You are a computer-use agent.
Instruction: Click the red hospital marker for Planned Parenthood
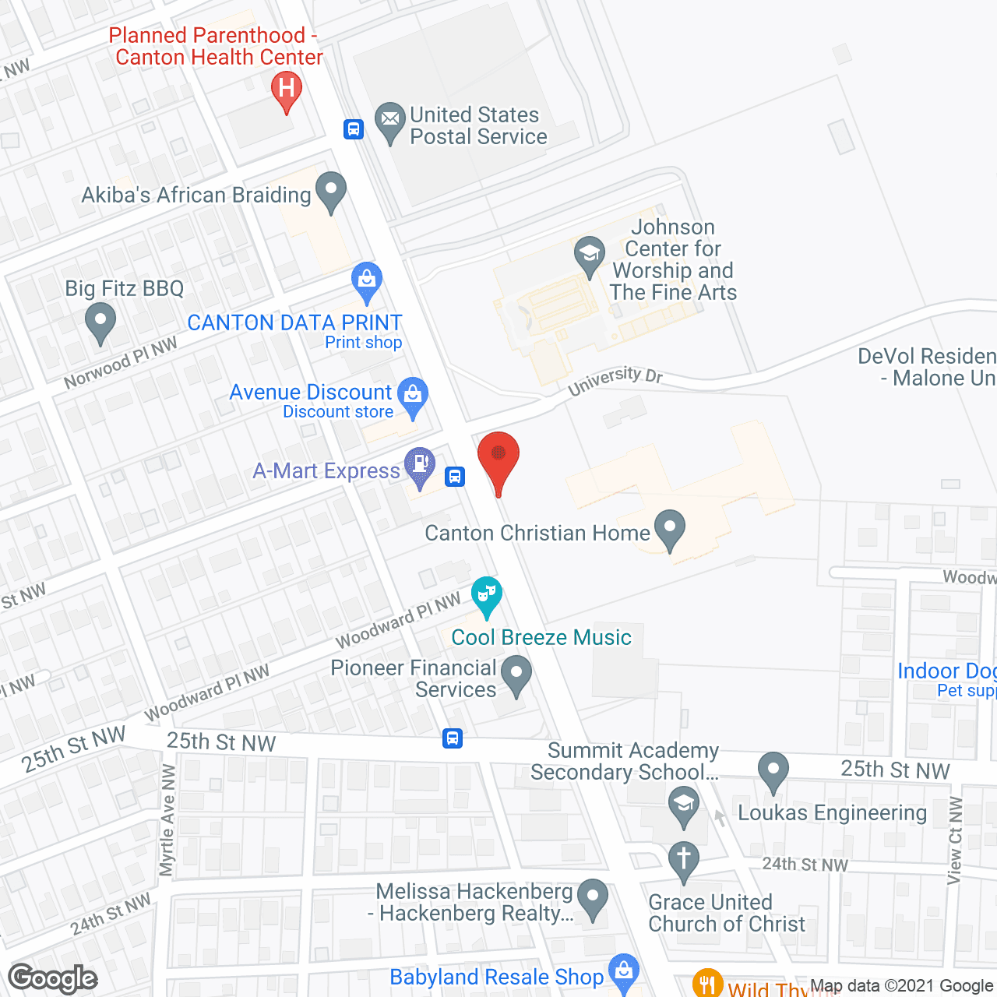[x=287, y=90]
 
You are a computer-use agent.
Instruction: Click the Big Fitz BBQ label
[x=125, y=288]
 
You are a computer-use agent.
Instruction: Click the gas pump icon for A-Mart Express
[x=420, y=466]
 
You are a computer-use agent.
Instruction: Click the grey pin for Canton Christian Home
[x=670, y=529]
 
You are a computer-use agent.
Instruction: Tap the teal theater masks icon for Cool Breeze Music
[x=486, y=596]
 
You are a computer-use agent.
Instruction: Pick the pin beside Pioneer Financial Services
[x=516, y=675]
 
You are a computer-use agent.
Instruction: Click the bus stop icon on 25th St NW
[x=452, y=738]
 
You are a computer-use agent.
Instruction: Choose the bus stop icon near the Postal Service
[x=354, y=129]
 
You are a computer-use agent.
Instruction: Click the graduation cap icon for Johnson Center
[x=590, y=255]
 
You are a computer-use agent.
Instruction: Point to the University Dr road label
[x=615, y=380]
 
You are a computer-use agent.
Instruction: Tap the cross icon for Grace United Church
[x=684, y=861]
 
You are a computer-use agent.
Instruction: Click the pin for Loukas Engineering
[x=773, y=770]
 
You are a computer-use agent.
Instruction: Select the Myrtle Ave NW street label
[x=167, y=820]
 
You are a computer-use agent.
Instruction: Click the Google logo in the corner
[x=53, y=978]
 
